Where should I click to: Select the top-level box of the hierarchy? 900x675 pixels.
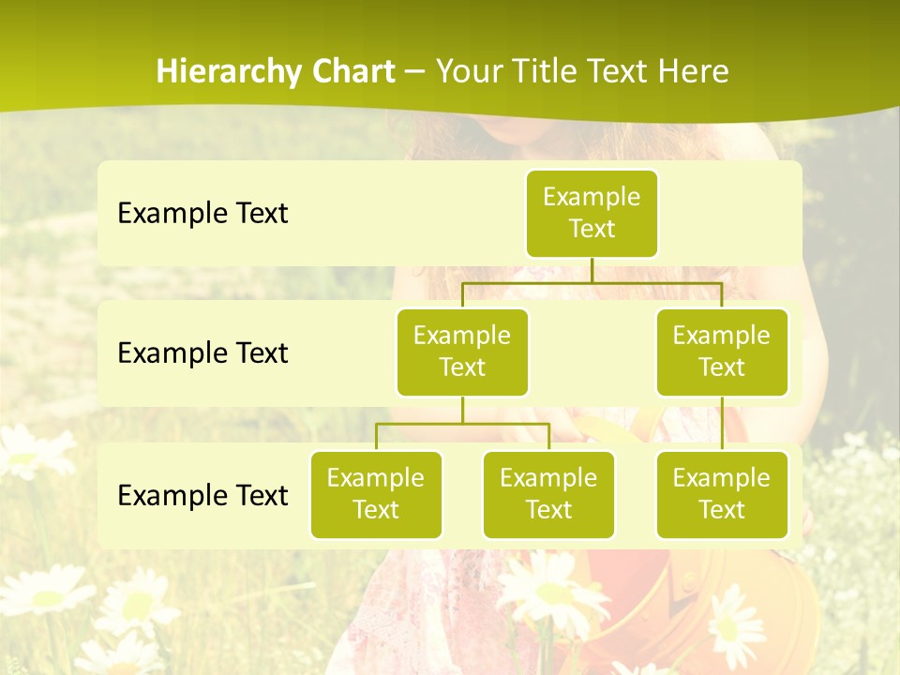click(x=592, y=213)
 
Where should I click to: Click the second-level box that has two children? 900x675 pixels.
click(x=462, y=352)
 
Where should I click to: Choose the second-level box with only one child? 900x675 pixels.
click(x=722, y=352)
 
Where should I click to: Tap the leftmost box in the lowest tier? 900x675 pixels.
click(x=376, y=494)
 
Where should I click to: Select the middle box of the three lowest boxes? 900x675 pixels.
click(x=548, y=494)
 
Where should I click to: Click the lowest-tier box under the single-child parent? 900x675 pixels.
click(x=722, y=494)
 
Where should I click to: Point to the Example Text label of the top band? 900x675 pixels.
click(x=202, y=214)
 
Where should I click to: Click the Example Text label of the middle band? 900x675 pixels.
click(x=202, y=353)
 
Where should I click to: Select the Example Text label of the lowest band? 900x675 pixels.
click(x=202, y=495)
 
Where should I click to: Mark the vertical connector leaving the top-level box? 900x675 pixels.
click(x=592, y=270)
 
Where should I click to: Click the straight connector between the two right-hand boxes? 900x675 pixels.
click(x=722, y=424)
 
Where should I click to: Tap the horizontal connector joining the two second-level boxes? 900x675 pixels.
click(x=525, y=282)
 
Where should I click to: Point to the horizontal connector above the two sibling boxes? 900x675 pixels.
click(x=462, y=424)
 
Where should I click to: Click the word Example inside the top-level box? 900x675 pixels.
click(x=592, y=197)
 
